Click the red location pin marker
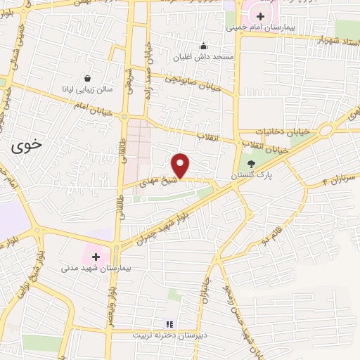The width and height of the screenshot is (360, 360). (x=181, y=165)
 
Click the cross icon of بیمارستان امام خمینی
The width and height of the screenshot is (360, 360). (x=260, y=15)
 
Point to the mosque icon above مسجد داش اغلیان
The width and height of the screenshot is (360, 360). (x=204, y=46)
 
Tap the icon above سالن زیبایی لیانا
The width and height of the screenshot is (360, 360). (x=87, y=79)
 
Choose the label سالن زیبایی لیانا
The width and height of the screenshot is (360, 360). (x=87, y=89)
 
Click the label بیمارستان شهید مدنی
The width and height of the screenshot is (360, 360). (x=86, y=268)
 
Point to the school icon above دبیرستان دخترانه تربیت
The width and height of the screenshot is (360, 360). (x=168, y=324)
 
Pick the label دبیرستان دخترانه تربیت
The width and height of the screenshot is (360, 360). (x=167, y=335)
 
